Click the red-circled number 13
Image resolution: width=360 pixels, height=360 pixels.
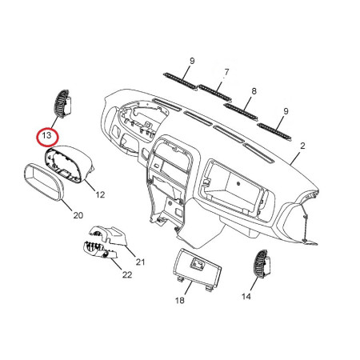(46, 135)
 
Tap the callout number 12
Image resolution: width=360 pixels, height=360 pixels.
(100, 195)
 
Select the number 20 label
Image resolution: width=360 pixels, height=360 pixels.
(78, 215)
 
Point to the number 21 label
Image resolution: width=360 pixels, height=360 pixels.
(140, 262)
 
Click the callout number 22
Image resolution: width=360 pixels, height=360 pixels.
(127, 274)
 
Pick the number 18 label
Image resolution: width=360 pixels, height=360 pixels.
(180, 301)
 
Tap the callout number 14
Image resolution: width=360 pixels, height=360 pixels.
(246, 296)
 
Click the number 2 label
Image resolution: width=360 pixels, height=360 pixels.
(302, 146)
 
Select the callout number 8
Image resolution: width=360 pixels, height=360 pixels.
(254, 91)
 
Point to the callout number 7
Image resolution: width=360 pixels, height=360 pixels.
(226, 72)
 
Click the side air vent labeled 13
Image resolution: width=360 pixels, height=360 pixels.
(63, 104)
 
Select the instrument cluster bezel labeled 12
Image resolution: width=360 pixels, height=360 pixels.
(70, 163)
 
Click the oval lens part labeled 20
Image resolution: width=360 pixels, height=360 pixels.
(44, 182)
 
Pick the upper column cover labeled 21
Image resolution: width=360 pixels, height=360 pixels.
(109, 235)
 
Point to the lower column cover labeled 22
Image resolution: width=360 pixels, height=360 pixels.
(100, 250)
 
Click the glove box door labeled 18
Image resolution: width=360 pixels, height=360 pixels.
(197, 268)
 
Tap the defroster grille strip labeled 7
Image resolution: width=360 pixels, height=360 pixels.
(215, 93)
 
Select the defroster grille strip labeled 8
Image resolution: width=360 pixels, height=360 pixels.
(241, 112)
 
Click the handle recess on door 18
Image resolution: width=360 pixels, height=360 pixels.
(198, 263)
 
